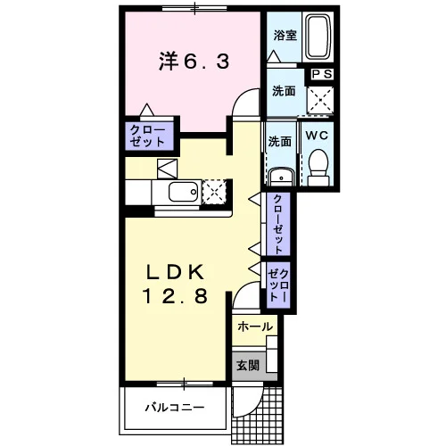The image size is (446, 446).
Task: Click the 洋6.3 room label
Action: point(194,62)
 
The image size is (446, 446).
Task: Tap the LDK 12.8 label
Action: point(175,285)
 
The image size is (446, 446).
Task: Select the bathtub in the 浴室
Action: point(318,37)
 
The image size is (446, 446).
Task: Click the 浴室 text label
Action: point(285,36)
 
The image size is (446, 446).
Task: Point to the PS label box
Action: point(322,74)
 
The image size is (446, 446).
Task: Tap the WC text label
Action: point(317,136)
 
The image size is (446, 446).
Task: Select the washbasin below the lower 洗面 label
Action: point(281,178)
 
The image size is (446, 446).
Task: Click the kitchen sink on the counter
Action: point(184,192)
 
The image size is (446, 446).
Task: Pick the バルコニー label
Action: point(175,408)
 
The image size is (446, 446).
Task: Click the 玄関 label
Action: point(248,366)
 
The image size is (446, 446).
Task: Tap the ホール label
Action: point(255,326)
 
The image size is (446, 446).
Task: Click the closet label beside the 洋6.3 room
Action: point(147,136)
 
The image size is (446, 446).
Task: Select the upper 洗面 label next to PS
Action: point(284,91)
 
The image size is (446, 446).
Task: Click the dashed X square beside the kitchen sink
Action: point(214,192)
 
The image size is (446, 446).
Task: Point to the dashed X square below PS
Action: point(320,100)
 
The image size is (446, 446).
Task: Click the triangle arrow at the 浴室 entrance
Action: point(274,56)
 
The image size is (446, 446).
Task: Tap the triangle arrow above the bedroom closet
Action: point(147,110)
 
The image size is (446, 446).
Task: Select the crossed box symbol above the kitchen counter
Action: point(167,169)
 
